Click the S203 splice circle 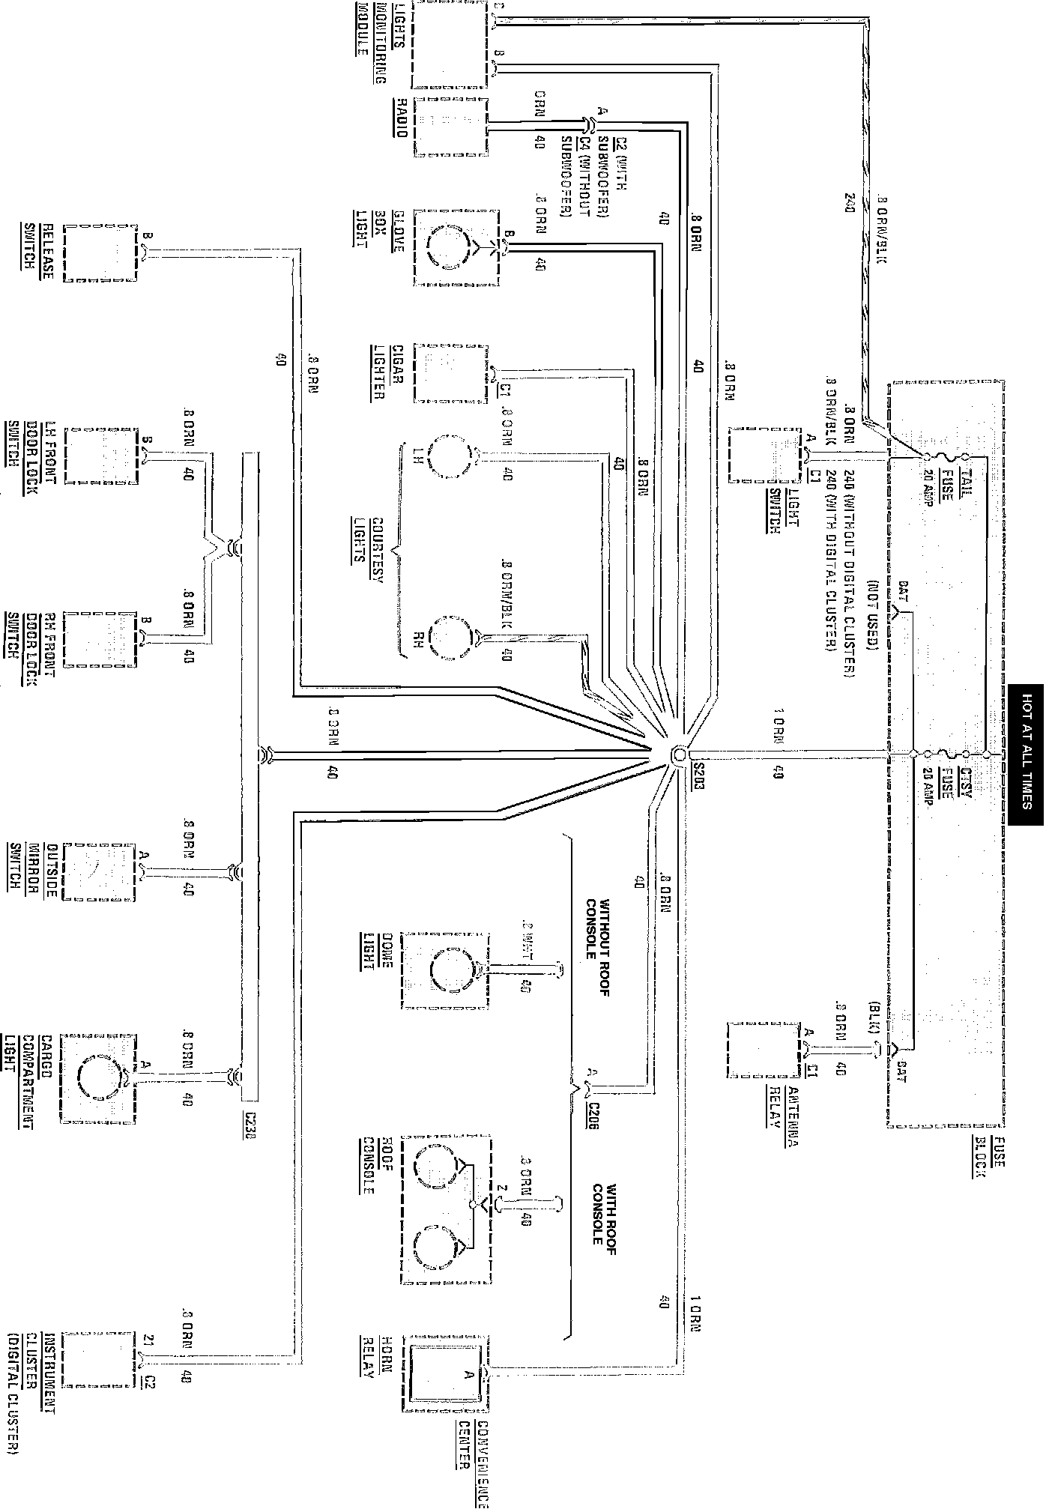click(678, 754)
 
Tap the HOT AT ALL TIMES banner click(1025, 754)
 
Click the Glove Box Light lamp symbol click(448, 247)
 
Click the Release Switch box click(100, 252)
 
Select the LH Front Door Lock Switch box click(102, 456)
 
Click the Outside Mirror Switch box click(100, 872)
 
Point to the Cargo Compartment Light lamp click(98, 1077)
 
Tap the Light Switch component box click(764, 456)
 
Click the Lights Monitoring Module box click(449, 45)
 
